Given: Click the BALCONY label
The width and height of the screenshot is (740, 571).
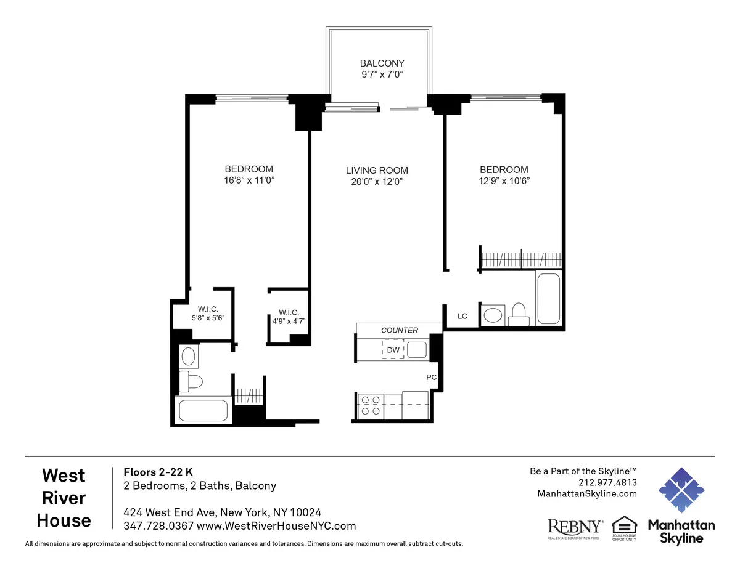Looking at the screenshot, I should pyautogui.click(x=382, y=63).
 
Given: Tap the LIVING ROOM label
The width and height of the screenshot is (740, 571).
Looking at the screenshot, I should pyautogui.click(x=377, y=171).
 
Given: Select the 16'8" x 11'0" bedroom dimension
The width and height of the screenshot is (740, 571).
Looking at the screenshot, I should pyautogui.click(x=249, y=180).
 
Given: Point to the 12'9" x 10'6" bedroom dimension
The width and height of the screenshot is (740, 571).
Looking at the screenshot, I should pyautogui.click(x=504, y=180).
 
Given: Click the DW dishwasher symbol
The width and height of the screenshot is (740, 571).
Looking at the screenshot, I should pyautogui.click(x=393, y=350).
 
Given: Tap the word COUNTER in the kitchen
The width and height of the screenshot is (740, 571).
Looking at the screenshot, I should pyautogui.click(x=400, y=330).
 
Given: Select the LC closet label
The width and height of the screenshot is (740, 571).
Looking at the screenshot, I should pyautogui.click(x=462, y=316).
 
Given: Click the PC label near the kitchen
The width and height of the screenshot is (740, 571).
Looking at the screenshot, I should pyautogui.click(x=432, y=376).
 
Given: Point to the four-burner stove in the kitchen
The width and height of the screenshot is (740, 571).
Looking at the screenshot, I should pyautogui.click(x=371, y=405).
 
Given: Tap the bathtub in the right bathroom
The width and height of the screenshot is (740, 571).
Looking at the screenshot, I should pyautogui.click(x=548, y=298).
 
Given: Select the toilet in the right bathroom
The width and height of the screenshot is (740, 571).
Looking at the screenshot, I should pyautogui.click(x=519, y=314).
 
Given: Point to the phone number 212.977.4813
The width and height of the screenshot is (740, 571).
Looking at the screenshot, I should pyautogui.click(x=607, y=482).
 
